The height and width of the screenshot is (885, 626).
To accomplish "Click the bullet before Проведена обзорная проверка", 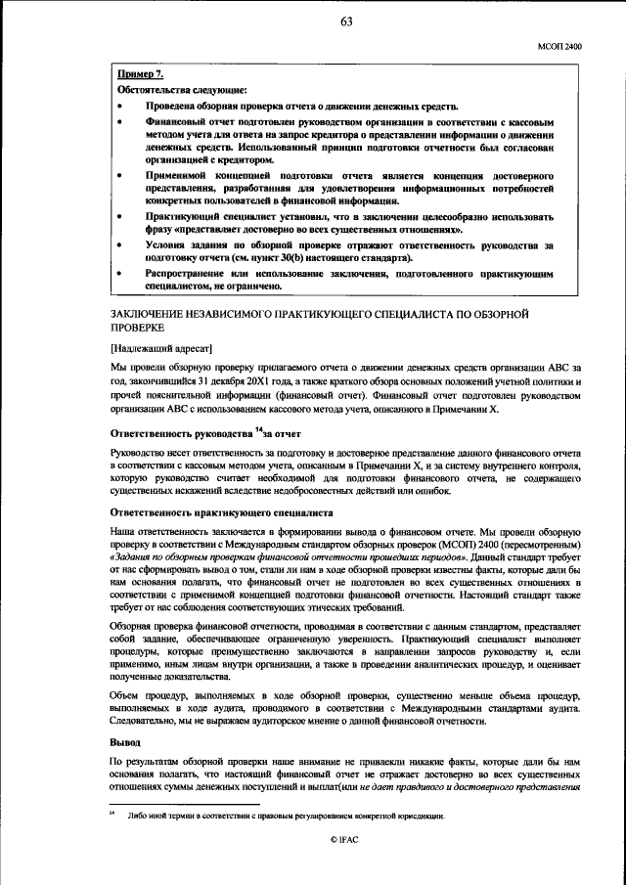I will point(119,106).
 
